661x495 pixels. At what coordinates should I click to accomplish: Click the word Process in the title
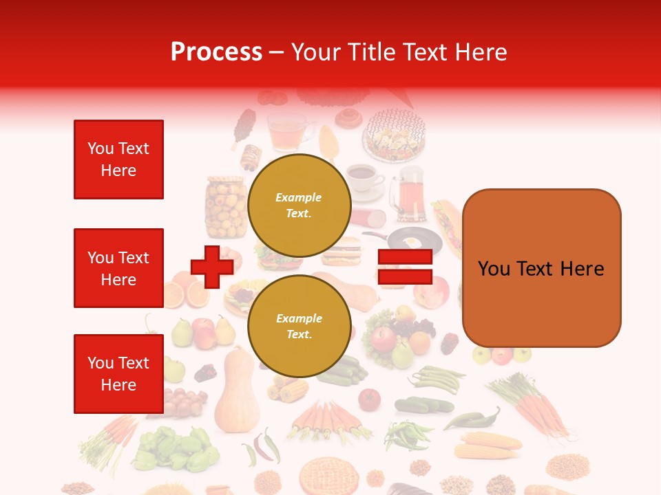(216, 52)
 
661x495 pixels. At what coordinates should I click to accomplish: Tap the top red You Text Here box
(118, 159)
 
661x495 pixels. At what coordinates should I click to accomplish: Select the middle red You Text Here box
(118, 268)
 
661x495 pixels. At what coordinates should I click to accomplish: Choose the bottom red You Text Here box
(118, 374)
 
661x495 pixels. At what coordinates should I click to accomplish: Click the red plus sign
(212, 267)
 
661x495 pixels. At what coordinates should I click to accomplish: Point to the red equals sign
(405, 267)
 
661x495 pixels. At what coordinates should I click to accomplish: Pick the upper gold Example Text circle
(299, 205)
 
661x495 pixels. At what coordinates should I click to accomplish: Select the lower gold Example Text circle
(299, 326)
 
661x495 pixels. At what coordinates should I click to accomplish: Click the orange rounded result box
(541, 268)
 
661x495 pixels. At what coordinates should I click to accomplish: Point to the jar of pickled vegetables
(226, 206)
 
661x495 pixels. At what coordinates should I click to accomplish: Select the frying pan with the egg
(413, 240)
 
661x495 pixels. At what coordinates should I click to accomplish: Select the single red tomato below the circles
(369, 399)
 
